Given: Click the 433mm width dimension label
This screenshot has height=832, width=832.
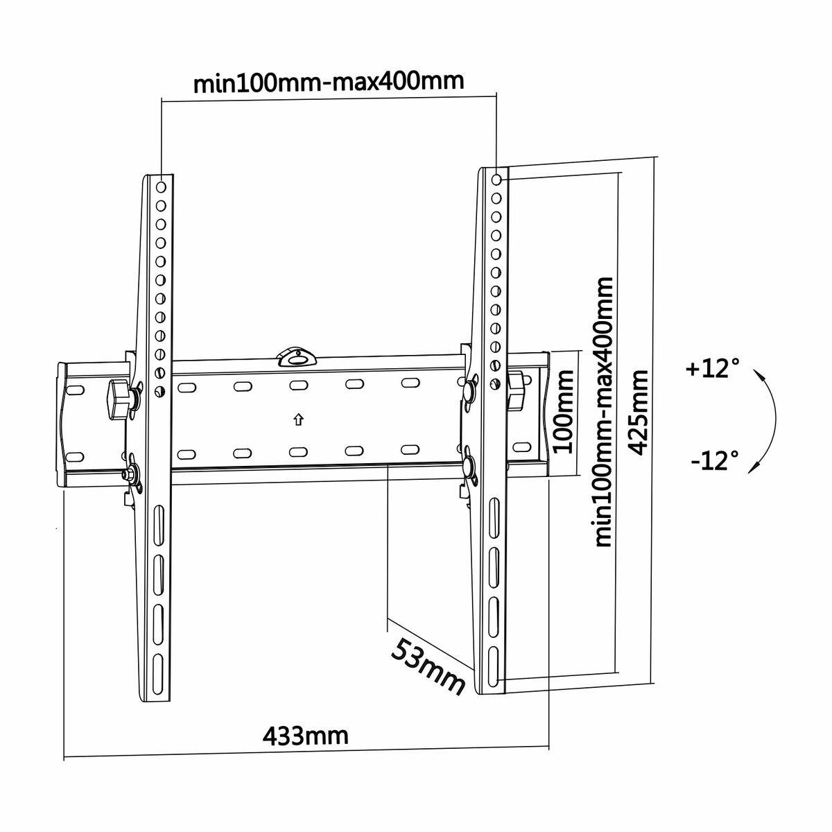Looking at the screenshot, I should coord(305,734).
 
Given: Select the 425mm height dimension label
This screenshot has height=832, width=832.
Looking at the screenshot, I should coord(638,412).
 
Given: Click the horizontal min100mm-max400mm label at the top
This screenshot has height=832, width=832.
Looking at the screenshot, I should coord(328,83).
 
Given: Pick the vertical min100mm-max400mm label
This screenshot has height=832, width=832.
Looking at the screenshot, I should coord(603,412).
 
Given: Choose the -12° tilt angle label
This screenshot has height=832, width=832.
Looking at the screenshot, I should coord(714,460).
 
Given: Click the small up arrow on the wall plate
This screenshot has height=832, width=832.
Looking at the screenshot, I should coord(297,419).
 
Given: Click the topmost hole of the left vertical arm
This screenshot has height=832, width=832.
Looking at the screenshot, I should coord(162,187).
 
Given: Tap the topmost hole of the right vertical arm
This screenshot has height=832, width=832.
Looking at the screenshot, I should coord(497,180).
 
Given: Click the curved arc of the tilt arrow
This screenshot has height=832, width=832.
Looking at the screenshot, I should coord(771,420).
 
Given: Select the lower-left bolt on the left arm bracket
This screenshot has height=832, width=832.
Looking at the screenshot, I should coord(128,476).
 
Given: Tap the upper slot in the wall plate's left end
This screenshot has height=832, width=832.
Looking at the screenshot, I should coord(75,390).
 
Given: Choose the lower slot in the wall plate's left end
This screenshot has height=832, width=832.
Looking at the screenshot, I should coord(75,456).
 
